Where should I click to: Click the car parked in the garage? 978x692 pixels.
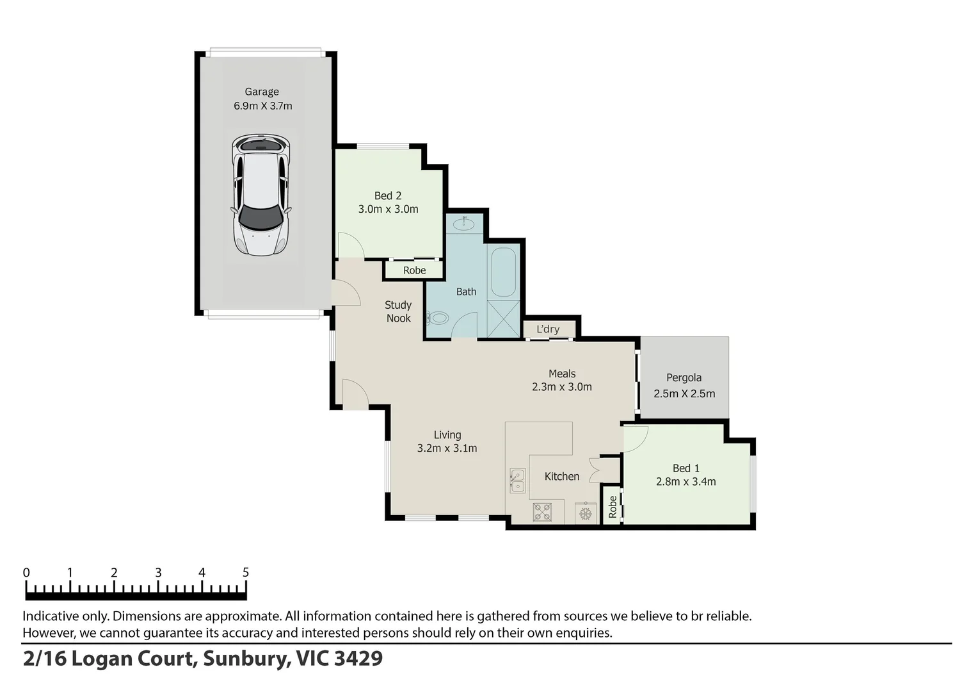pyautogui.click(x=261, y=195)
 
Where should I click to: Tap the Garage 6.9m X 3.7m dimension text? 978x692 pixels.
pyautogui.click(x=262, y=106)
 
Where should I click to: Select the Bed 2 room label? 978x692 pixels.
pyautogui.click(x=388, y=195)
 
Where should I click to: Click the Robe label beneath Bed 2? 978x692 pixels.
pyautogui.click(x=414, y=270)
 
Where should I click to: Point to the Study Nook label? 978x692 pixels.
pyautogui.click(x=398, y=311)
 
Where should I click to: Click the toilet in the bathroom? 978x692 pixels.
pyautogui.click(x=438, y=317)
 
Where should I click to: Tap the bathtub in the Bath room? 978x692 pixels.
pyautogui.click(x=503, y=272)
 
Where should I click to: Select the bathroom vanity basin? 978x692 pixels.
pyautogui.click(x=463, y=224)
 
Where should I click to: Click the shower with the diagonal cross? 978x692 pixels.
pyautogui.click(x=503, y=318)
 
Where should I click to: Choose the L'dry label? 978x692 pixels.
pyautogui.click(x=548, y=329)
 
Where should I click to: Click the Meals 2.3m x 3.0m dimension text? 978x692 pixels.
pyautogui.click(x=561, y=387)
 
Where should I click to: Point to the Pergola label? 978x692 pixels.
pyautogui.click(x=684, y=377)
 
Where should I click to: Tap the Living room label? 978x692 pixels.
pyautogui.click(x=447, y=435)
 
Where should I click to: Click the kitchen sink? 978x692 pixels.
pyautogui.click(x=517, y=481)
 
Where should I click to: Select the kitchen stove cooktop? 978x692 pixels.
pyautogui.click(x=543, y=512)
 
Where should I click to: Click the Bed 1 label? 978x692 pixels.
pyautogui.click(x=685, y=468)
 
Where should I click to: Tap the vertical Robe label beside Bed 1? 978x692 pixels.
pyautogui.click(x=613, y=507)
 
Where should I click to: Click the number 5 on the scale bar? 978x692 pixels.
pyautogui.click(x=246, y=572)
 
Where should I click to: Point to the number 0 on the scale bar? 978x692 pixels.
pyautogui.click(x=26, y=572)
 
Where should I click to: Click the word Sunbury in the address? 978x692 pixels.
pyautogui.click(x=245, y=658)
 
